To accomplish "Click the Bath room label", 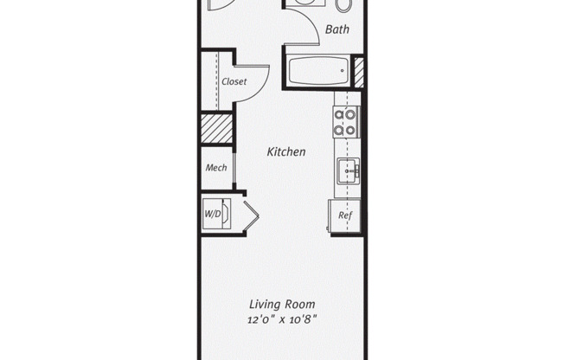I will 336,30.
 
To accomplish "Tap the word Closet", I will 234,81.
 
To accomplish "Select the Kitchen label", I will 285,151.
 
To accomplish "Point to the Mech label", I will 216,167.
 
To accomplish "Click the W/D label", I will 212,213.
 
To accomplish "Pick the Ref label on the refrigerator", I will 344,215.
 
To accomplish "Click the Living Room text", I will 282,304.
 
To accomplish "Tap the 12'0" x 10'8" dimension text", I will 282,319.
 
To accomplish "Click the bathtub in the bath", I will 317,71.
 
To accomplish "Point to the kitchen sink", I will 349,171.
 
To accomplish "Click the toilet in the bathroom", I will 343,4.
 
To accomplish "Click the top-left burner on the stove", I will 340,113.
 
